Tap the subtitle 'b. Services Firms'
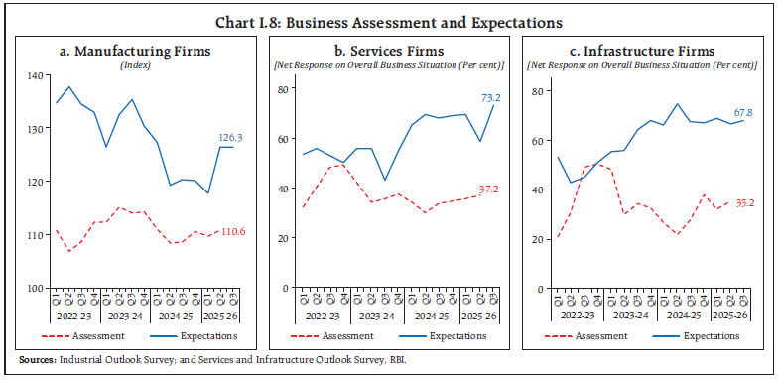pos(388,51)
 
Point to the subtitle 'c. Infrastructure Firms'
pos(643,51)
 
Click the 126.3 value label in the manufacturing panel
pos(232,137)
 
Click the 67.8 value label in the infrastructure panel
pos(743,111)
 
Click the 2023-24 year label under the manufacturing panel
pos(132,317)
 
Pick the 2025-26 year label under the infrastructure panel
pos(733,317)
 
